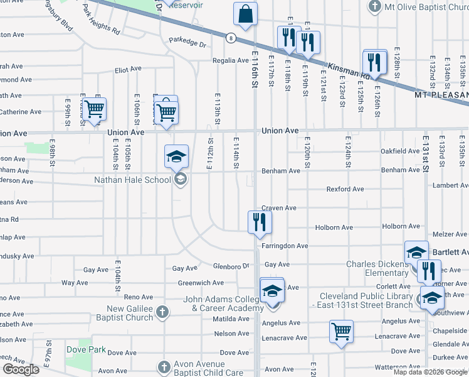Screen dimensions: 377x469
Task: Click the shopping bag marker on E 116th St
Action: tap(245, 14)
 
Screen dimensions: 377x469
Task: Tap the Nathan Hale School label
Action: tap(132, 180)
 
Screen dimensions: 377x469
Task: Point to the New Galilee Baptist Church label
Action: tap(130, 313)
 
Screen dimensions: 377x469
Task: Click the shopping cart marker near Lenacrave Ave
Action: tap(341, 331)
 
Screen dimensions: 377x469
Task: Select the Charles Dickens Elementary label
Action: tap(377, 268)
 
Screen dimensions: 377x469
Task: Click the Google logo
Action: tap(21, 369)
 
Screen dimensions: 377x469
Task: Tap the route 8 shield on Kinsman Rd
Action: tap(231, 38)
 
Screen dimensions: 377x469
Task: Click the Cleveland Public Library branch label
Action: tap(367, 300)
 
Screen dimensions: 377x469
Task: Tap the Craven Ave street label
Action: tap(278, 208)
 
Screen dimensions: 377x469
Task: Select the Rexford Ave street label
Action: tap(345, 189)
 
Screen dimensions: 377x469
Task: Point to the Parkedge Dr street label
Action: tap(187, 44)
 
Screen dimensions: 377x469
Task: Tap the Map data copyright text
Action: tap(430, 372)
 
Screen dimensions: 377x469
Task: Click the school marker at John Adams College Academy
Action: tap(271, 292)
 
